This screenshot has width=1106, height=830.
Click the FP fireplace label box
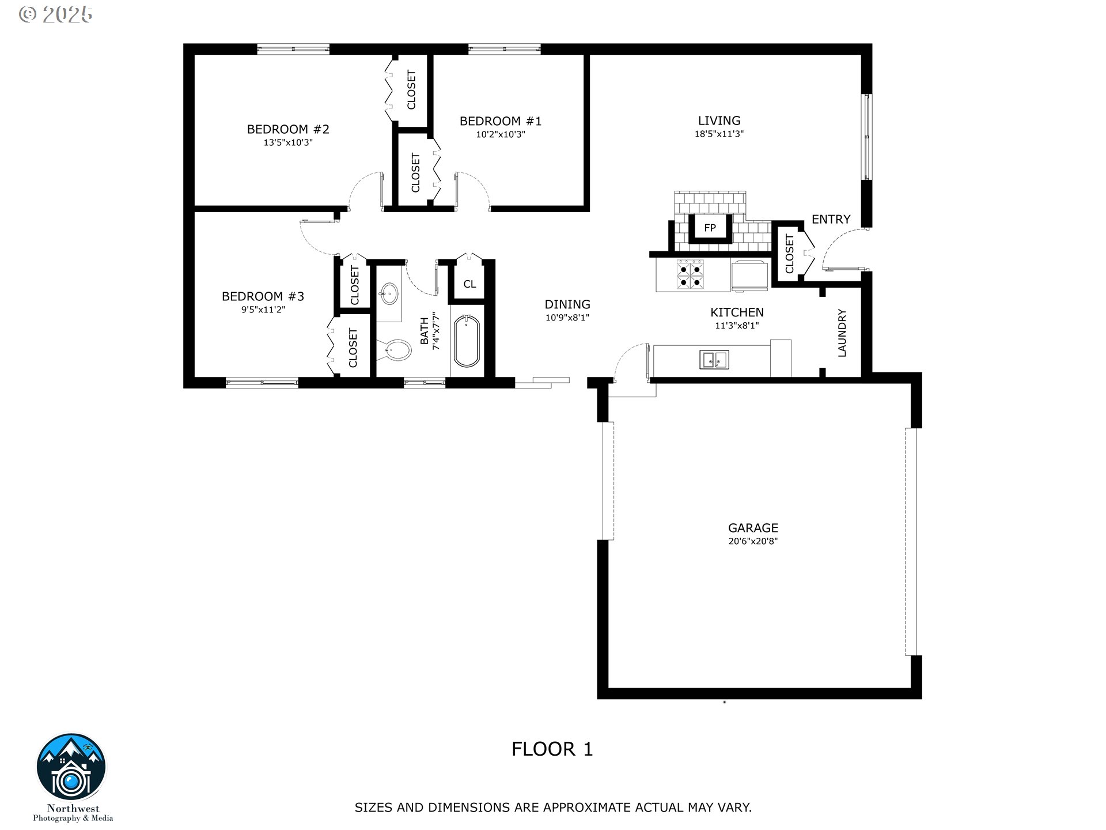tap(710, 228)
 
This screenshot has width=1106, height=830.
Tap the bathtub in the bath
tap(467, 341)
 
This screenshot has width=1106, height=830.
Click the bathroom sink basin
tap(389, 295)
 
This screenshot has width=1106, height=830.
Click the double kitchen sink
tap(714, 359)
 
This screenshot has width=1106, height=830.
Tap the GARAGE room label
tap(753, 527)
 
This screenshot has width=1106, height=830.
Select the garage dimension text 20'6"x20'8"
tap(753, 541)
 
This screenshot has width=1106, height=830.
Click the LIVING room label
tap(719, 120)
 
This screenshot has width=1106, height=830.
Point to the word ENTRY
tap(831, 219)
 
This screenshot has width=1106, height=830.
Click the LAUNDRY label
tap(842, 333)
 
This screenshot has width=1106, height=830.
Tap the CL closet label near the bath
tap(469, 284)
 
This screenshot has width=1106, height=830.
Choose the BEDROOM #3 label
tap(263, 296)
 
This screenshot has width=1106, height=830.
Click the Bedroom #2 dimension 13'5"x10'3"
tap(288, 142)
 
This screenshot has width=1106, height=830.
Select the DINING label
tap(567, 304)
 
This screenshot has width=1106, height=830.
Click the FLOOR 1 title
tap(552, 749)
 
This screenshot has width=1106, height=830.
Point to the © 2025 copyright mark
tap(55, 14)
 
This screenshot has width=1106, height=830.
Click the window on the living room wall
tap(866, 137)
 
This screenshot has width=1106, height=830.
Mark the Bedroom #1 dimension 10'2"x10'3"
tap(501, 135)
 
